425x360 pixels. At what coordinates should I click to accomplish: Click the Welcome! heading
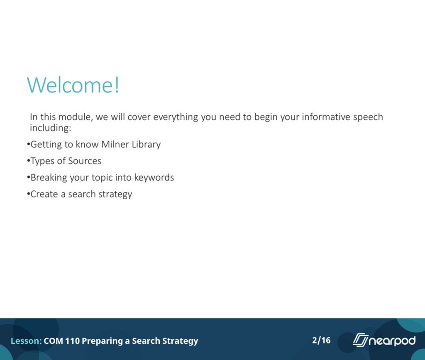point(73,85)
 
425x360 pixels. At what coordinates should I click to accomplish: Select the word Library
point(146,145)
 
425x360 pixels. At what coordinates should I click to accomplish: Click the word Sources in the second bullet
point(85,161)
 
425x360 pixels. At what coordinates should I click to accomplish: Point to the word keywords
point(154,178)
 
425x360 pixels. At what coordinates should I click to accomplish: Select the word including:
point(50,128)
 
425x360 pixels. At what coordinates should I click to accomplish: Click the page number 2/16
point(321,340)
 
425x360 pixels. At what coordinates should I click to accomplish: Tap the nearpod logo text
point(392,341)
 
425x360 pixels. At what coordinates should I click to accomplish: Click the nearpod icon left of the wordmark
point(361,340)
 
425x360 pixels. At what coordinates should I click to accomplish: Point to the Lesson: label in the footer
point(26,341)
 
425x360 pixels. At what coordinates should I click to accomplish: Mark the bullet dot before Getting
point(29,144)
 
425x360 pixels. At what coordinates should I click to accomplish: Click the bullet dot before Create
point(29,194)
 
